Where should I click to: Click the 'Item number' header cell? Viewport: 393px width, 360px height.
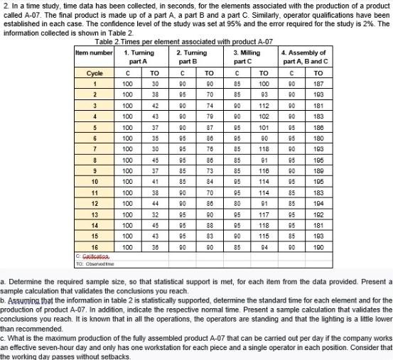pyautogui.click(x=94, y=53)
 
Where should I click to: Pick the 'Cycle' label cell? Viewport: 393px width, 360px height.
pyautogui.click(x=95, y=73)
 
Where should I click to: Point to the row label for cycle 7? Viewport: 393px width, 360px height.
pyautogui.click(x=95, y=149)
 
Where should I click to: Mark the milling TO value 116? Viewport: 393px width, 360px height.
pyautogui.click(x=263, y=170)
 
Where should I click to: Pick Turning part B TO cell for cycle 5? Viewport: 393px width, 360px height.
pyautogui.click(x=209, y=127)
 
